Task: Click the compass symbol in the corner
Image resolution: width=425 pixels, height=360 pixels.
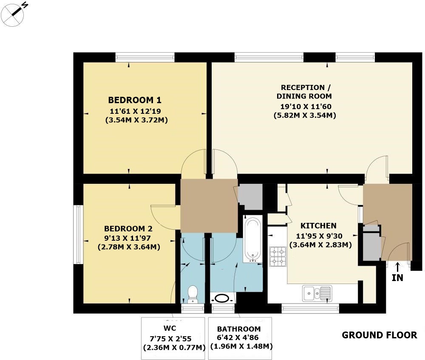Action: click(x=13, y=15)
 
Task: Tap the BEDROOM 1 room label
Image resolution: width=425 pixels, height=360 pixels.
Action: click(x=135, y=100)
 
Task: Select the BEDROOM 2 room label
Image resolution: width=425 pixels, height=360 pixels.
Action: click(x=128, y=229)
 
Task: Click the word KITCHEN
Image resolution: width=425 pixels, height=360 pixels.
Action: click(x=318, y=226)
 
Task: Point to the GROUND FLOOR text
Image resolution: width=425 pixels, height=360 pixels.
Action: click(x=380, y=335)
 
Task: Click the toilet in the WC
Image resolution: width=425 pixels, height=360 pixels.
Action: click(x=193, y=294)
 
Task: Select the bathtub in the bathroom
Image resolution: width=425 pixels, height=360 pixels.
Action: click(x=252, y=239)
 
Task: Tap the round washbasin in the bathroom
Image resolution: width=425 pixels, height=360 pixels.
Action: click(x=222, y=298)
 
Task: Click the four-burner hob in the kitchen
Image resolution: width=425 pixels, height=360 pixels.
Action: click(x=278, y=256)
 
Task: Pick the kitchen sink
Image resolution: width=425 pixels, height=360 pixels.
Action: click(x=317, y=293)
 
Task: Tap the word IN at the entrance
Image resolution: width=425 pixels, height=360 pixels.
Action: click(x=397, y=278)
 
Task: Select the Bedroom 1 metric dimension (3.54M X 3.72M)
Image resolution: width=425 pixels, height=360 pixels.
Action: click(x=136, y=120)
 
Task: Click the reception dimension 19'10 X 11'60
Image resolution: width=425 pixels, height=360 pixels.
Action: click(x=306, y=107)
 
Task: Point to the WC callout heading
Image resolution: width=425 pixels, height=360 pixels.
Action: click(x=170, y=328)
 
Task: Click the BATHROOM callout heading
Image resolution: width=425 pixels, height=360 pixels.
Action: click(x=239, y=329)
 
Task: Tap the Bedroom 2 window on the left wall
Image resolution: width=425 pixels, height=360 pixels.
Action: click(x=78, y=234)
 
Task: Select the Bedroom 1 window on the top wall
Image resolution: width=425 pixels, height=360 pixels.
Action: click(x=145, y=57)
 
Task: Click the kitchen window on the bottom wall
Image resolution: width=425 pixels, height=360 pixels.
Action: click(x=310, y=308)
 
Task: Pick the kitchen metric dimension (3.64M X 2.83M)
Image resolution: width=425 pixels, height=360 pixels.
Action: click(x=320, y=245)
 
